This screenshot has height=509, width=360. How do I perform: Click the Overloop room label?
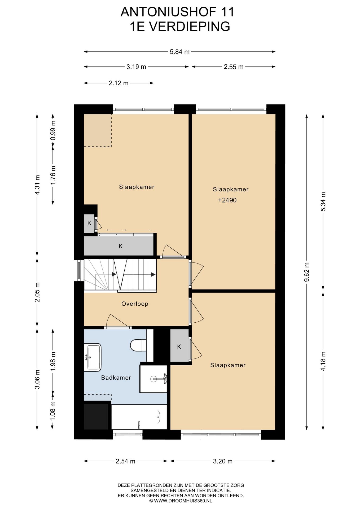point(135,304)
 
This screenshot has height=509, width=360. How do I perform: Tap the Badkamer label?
point(116,378)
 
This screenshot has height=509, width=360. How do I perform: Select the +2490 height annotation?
point(227,200)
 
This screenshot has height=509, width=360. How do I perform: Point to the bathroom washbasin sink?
point(93,357)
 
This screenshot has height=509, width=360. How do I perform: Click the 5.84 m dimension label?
point(180,52)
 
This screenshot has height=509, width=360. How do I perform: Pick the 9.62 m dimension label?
point(307,273)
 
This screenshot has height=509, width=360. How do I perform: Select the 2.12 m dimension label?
point(118,83)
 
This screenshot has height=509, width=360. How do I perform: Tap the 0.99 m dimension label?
point(53,130)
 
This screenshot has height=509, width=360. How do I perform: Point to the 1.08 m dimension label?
point(53,411)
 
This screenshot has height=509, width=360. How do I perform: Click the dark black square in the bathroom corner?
point(96,416)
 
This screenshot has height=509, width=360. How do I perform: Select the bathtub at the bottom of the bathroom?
point(139,417)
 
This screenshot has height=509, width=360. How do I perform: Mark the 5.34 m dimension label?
point(323,201)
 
